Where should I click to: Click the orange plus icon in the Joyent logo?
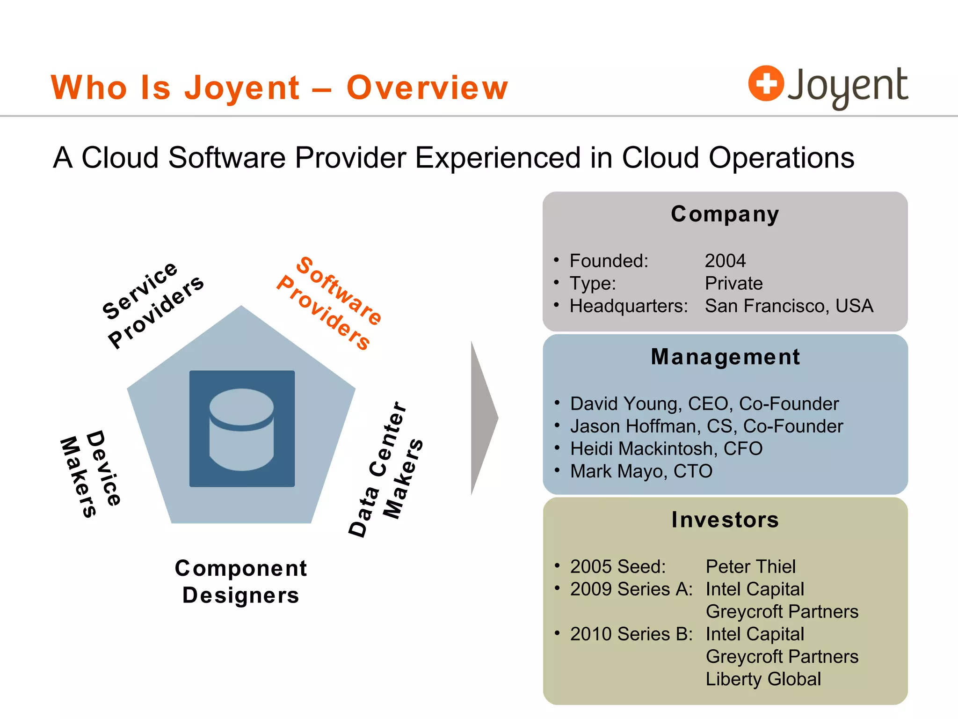tap(766, 83)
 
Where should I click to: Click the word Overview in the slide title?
tap(427, 88)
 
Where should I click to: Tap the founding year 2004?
tap(725, 261)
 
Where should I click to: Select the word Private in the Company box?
tap(733, 283)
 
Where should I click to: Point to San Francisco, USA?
tap(789, 306)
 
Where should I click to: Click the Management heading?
tap(725, 357)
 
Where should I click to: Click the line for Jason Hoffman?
tap(706, 426)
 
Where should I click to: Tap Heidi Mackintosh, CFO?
tap(666, 448)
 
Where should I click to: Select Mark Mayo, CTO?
tap(641, 471)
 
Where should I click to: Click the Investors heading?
tap(725, 520)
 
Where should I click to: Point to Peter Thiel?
tap(750, 566)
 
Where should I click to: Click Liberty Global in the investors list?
tap(763, 679)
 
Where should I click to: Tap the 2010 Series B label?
tap(631, 634)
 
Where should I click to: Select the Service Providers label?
tap(152, 304)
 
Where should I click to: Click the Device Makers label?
tap(91, 473)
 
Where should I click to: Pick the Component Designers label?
tap(241, 581)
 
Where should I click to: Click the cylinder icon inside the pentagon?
tap(241, 429)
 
